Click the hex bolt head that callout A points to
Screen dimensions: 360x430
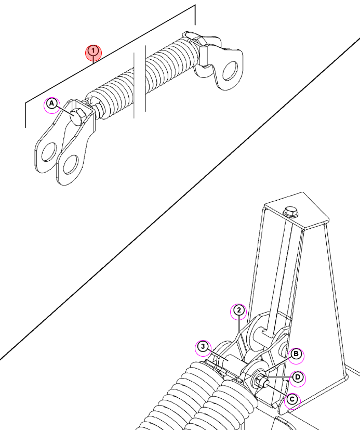pyautogui.click(x=78, y=116)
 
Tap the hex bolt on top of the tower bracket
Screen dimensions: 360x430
pyautogui.click(x=291, y=212)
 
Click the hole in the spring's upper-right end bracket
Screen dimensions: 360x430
pyautogui.click(x=230, y=71)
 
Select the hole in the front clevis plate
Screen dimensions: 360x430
pyautogui.click(x=71, y=164)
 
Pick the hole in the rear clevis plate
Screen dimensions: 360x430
pyautogui.click(x=49, y=152)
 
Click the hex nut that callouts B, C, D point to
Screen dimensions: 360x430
pyautogui.click(x=260, y=381)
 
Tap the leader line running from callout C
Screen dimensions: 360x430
pyautogui.click(x=276, y=389)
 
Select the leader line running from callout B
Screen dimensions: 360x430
pyautogui.click(x=277, y=365)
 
